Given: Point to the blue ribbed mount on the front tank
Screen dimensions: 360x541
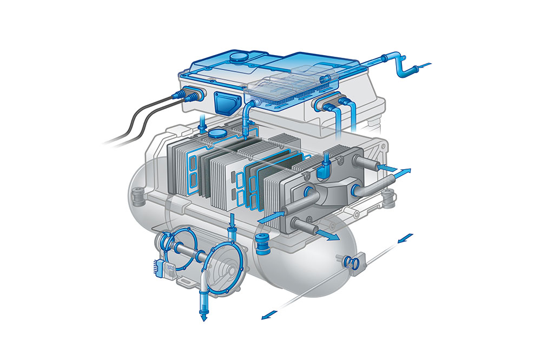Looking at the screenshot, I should coord(263,244).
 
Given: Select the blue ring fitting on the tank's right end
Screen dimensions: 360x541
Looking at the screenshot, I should coord(351,263).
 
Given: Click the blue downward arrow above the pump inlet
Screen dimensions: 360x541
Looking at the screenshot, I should coord(232,221).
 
